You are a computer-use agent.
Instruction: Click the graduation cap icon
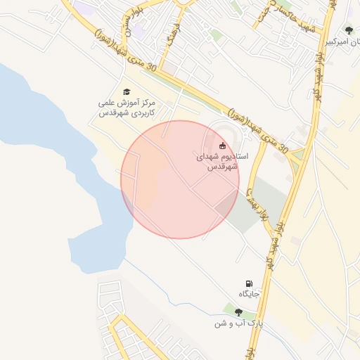127,91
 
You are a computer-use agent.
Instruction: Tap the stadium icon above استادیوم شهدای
223,146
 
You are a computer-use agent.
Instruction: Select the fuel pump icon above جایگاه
248,283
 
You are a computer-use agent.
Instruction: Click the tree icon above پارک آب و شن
238,312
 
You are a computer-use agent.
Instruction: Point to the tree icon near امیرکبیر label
349,30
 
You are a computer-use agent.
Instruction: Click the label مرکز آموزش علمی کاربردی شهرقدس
127,108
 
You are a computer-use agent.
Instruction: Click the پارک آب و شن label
238,323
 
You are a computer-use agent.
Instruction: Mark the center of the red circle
180,179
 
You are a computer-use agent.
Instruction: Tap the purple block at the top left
85,8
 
